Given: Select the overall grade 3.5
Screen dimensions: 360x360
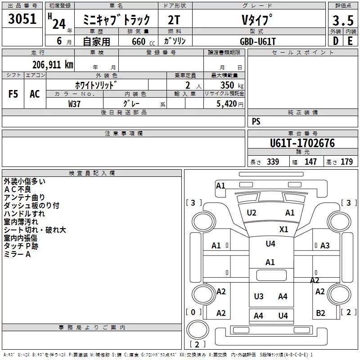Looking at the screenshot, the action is [342, 21].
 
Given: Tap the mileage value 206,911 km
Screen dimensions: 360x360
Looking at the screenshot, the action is [53, 64].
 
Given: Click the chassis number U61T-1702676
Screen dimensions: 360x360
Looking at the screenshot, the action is [302, 144].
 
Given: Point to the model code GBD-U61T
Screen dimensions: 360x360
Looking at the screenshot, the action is [258, 40].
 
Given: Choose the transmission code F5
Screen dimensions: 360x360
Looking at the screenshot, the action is [13, 94].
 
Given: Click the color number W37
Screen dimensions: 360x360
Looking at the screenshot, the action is [75, 103].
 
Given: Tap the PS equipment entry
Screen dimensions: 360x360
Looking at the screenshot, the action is [256, 121].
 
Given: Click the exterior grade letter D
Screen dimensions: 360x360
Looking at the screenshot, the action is [335, 41].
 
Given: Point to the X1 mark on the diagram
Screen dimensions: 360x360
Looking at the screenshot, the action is [283, 229].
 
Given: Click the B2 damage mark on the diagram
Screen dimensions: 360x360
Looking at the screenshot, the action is [320, 313].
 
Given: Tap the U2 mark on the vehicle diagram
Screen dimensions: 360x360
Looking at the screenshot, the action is [252, 213].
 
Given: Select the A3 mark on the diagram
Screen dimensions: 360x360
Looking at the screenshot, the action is [325, 246].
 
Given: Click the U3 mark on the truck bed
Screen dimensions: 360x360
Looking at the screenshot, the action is [259, 296].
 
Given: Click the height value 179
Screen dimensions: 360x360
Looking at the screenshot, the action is [346, 162].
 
